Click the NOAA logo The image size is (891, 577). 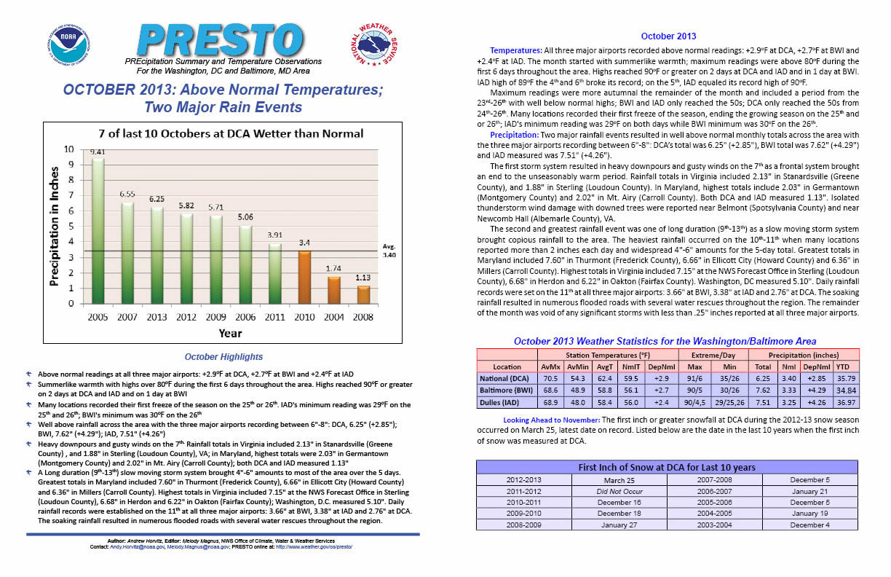tap(69, 44)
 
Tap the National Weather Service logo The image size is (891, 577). tap(375, 44)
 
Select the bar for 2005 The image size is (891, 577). tap(98, 230)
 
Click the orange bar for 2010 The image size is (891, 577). tap(304, 277)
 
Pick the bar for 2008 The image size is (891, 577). tap(363, 294)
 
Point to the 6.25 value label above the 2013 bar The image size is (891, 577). tap(157, 199)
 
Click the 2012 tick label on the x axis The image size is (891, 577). tap(186, 317)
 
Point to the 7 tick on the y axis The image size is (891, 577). tap(71, 195)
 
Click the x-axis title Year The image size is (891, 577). tap(230, 333)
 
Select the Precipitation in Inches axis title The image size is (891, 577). tap(54, 226)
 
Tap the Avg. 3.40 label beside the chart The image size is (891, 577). tap(389, 251)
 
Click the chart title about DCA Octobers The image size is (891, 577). tap(231, 133)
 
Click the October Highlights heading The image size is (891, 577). tap(223, 357)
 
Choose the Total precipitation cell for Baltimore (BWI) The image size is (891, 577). tap(763, 390)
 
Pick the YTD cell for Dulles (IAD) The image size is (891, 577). tap(846, 403)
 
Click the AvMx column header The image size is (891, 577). tap(550, 366)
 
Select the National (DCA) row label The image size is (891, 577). tap(504, 378)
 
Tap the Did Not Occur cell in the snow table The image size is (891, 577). tap(619, 491)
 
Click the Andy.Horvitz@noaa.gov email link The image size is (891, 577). tap(138, 547)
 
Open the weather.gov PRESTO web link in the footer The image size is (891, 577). tap(314, 547)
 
